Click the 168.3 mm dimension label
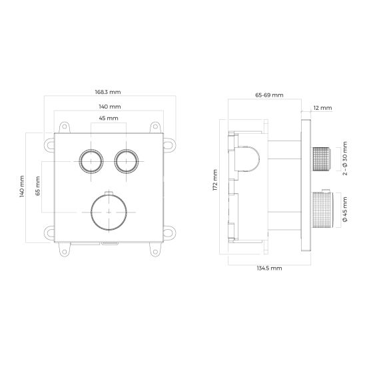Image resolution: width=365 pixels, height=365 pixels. tap(108, 92)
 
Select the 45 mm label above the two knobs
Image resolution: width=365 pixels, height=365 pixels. tap(109, 119)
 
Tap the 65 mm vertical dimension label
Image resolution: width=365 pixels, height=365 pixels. tap(38, 186)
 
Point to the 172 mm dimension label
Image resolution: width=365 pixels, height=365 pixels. tap(215, 181)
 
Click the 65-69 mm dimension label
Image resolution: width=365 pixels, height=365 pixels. tap(269, 95)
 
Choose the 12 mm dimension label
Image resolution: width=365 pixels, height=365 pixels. tap(322, 108)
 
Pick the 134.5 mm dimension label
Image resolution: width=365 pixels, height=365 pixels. tap(269, 268)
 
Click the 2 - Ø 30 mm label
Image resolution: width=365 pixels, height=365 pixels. tap(345, 159)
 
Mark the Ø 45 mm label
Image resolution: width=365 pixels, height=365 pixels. tap(345, 209)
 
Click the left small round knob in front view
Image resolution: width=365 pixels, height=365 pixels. tap(91, 161)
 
